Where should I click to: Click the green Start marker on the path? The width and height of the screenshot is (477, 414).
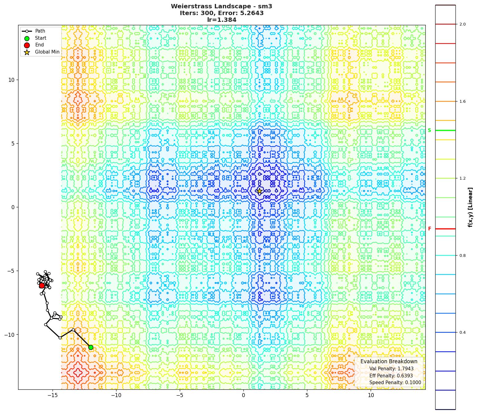tap(91, 347)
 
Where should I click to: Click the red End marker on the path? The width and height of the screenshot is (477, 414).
tap(42, 285)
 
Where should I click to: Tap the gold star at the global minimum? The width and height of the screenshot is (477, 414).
tap(259, 191)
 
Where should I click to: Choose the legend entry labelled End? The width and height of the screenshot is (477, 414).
tap(39, 45)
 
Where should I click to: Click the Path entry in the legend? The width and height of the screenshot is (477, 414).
tap(40, 31)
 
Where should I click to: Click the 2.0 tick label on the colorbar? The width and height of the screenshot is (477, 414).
tap(462, 24)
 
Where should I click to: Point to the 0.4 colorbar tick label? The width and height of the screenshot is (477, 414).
tap(462, 332)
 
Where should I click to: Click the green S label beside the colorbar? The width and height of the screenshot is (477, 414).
tap(429, 130)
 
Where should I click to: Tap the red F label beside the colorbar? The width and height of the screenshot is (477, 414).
tap(429, 229)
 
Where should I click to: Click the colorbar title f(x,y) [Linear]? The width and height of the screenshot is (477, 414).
tap(470, 207)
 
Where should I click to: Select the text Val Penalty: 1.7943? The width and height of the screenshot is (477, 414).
tap(391, 369)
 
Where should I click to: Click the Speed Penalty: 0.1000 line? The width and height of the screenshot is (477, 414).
tap(395, 383)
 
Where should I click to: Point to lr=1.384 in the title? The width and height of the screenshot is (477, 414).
tap(222, 20)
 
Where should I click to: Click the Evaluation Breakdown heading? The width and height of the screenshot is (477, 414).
tap(389, 361)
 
